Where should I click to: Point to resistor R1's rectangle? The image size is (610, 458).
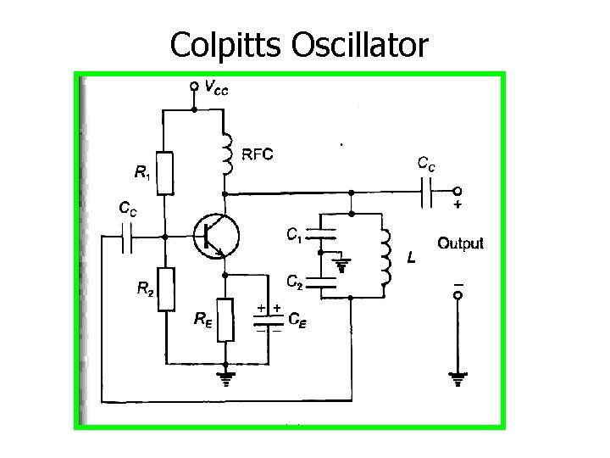tap(166, 172)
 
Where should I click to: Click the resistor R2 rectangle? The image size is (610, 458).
tap(166, 288)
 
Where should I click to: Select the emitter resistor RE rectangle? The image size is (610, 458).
tap(225, 319)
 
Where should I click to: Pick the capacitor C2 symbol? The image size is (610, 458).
tap(321, 281)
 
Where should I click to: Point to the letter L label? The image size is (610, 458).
tap(410, 257)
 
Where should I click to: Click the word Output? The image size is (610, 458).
tap(460, 243)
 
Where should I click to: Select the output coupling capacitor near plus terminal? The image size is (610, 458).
tap(427, 191)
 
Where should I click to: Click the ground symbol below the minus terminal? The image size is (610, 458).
tap(457, 377)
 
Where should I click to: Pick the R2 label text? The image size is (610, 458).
tap(145, 288)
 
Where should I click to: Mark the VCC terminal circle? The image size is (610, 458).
tap(194, 86)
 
